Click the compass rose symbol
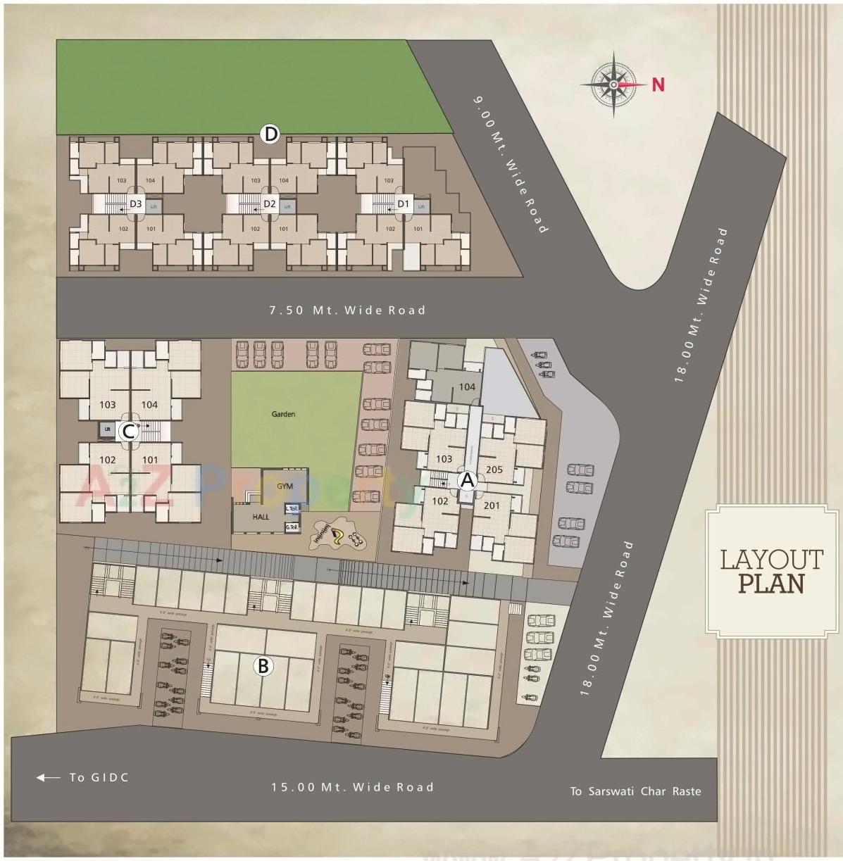(613, 84)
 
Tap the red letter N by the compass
(658, 84)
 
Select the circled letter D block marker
(270, 134)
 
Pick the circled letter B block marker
(263, 665)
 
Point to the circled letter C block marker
(127, 431)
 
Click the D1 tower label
(403, 204)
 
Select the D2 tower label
(269, 204)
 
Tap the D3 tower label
(135, 204)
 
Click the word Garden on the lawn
(283, 414)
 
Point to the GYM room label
(285, 486)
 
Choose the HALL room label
(261, 517)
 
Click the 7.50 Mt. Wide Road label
(347, 310)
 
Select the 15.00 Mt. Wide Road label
(352, 787)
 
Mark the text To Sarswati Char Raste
(635, 791)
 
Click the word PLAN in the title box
(771, 584)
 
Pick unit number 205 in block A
(494, 470)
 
